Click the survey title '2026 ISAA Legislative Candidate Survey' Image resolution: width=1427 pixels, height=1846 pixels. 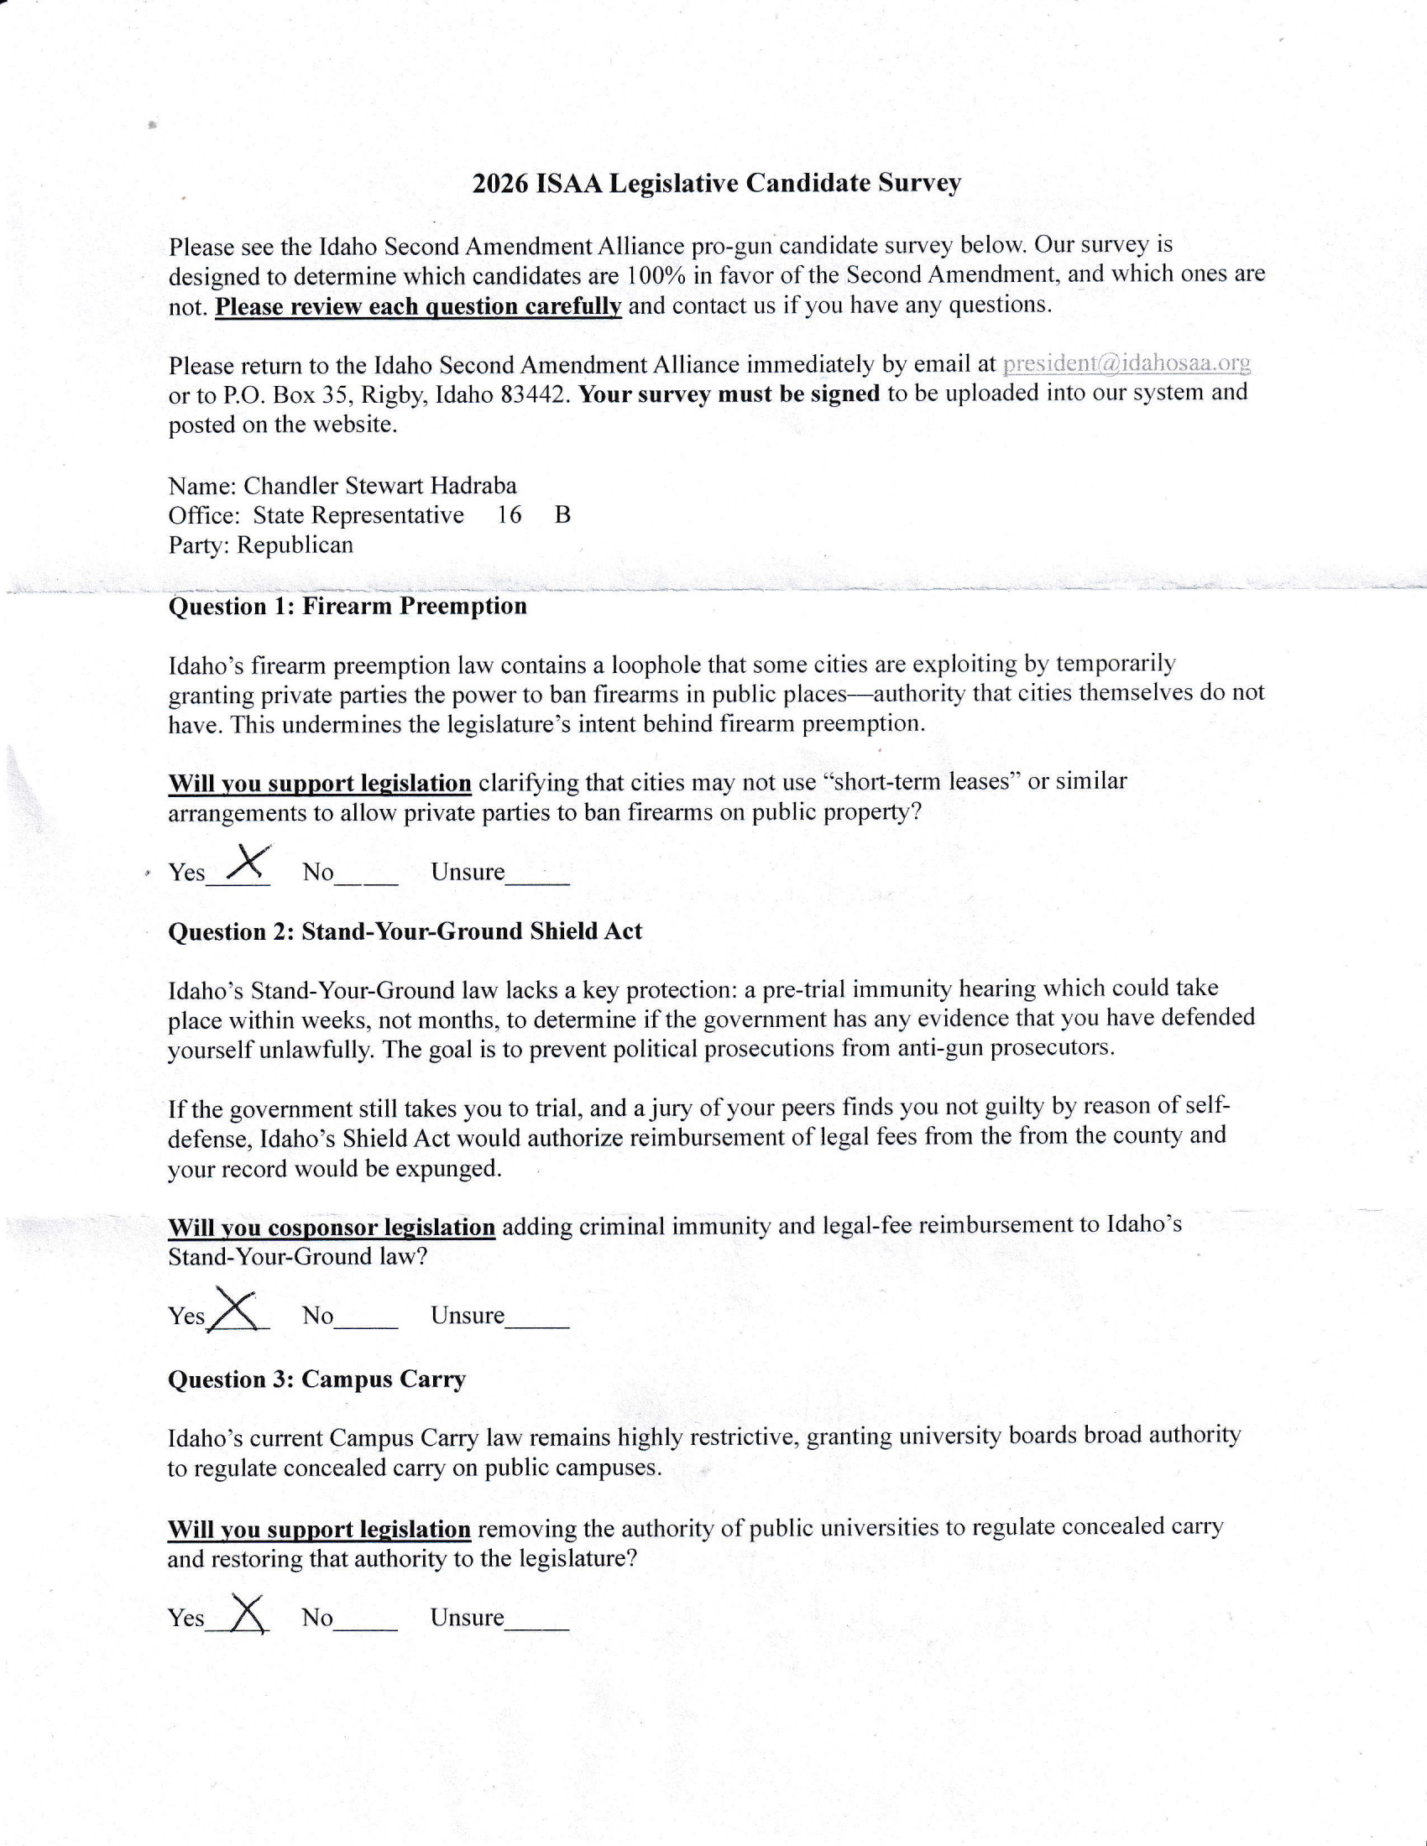coord(716,184)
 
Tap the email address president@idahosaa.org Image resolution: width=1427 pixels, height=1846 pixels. coord(1126,363)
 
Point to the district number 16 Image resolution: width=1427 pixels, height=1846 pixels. coord(509,514)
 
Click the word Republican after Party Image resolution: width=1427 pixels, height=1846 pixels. coord(295,545)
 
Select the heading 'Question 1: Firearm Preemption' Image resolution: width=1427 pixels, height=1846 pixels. coord(348,606)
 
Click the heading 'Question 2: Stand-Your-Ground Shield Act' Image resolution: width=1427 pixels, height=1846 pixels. coord(405,931)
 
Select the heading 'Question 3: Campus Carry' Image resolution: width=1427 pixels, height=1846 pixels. coord(317,1379)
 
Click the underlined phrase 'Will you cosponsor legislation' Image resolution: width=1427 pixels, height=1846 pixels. coord(332,1228)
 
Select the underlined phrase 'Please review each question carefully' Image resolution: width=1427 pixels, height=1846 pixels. coord(419,306)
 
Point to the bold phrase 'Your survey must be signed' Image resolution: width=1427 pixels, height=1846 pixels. coord(729,394)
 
